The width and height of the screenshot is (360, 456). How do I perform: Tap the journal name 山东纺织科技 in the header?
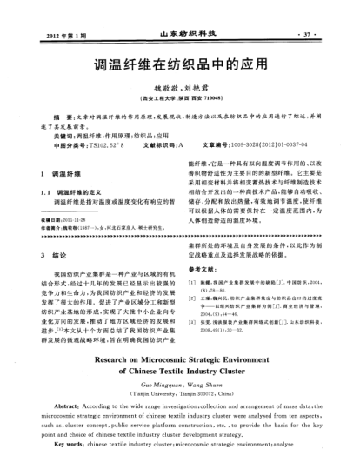[x=181, y=34]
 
